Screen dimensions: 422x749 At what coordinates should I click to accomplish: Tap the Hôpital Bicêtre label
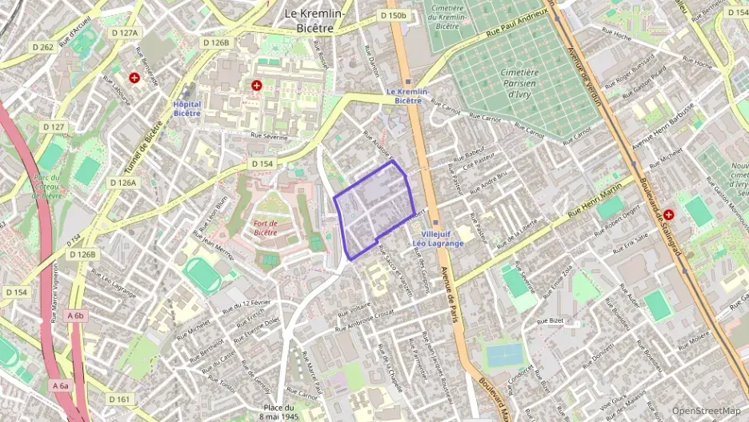click(186, 108)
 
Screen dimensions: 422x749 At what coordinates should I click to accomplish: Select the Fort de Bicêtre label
click(264, 227)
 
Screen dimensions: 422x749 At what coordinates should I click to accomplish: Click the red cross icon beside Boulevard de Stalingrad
click(668, 215)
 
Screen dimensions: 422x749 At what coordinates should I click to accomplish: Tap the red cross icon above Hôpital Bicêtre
click(256, 85)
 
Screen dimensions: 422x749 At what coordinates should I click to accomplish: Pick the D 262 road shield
click(42, 46)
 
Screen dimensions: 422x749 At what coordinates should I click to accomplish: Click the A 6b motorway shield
click(75, 315)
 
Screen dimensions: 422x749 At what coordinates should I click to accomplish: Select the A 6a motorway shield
click(61, 385)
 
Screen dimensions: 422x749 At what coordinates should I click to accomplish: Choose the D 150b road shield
click(394, 15)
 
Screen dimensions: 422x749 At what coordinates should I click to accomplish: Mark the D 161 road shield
click(118, 399)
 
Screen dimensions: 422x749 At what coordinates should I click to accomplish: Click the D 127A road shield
click(124, 33)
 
